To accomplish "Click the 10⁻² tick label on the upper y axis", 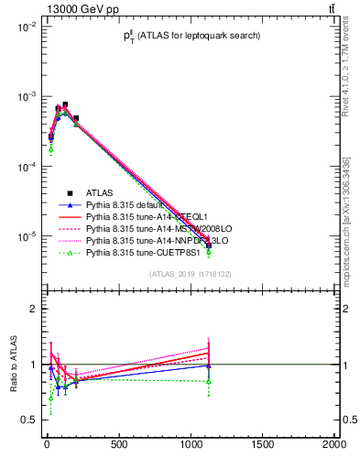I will (25, 27).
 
